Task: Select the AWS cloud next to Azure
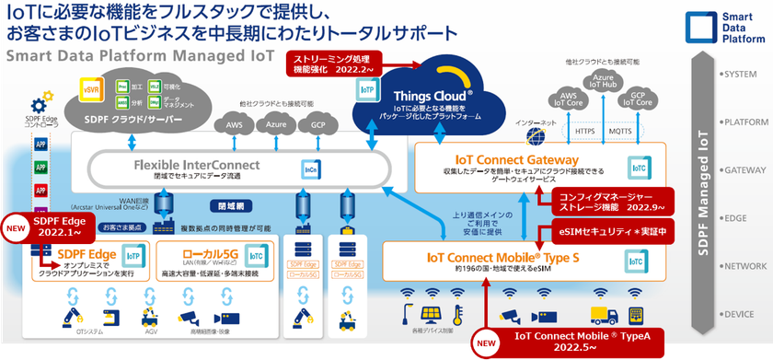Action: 234,125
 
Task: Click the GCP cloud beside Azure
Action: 317,125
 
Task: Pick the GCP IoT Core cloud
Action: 634,99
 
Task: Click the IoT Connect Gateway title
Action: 508,159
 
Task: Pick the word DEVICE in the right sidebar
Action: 741,314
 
